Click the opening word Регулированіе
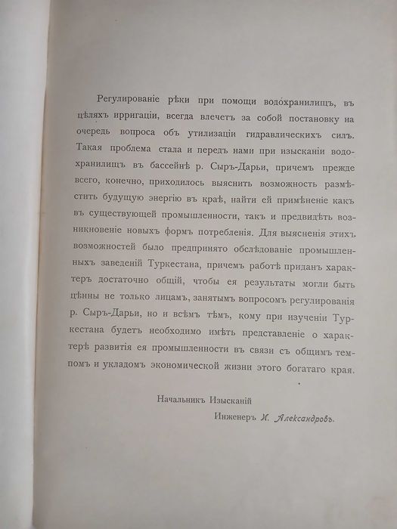pos(124,102)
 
